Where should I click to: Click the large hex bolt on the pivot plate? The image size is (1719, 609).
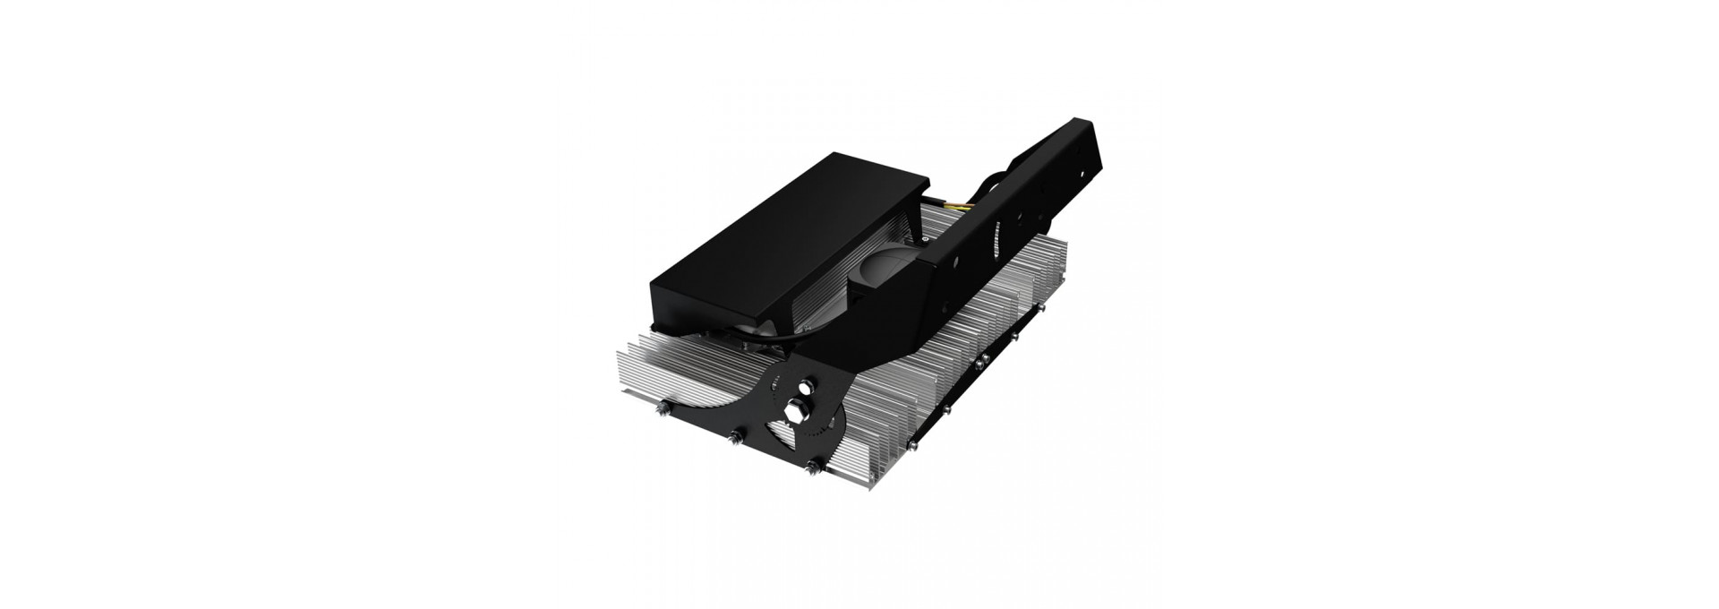(x=794, y=411)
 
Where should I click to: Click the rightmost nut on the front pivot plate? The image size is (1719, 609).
(x=812, y=467)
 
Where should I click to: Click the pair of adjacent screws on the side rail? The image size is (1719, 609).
(x=981, y=361)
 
